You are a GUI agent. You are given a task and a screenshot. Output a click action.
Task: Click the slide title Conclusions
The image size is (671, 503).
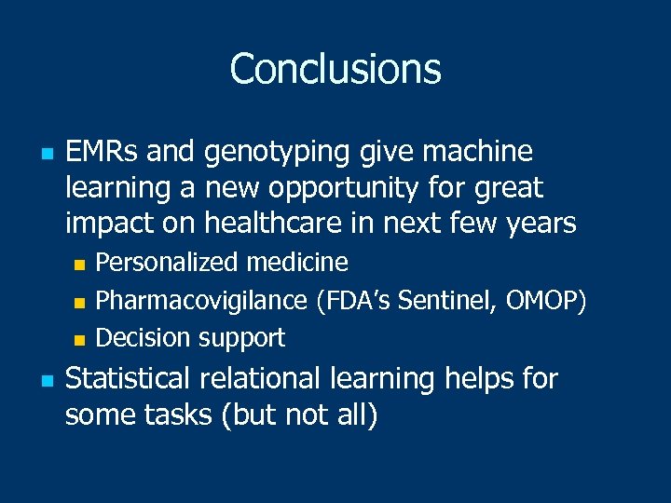[x=335, y=69]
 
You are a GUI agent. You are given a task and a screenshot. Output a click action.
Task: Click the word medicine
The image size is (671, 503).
[x=297, y=263]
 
